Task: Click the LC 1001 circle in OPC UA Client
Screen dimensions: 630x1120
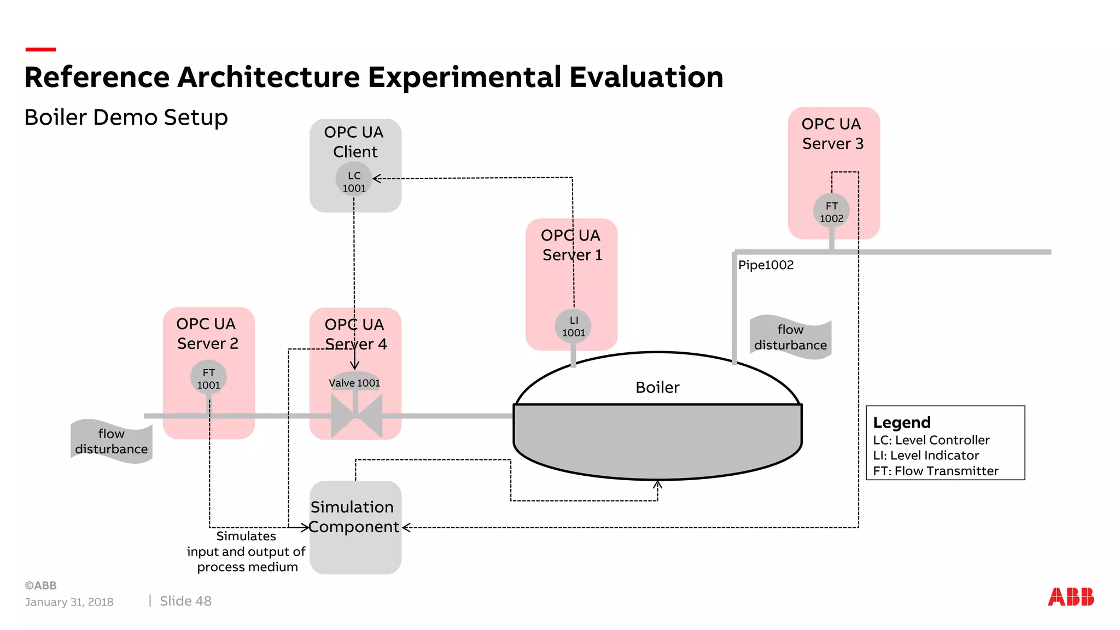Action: tap(354, 181)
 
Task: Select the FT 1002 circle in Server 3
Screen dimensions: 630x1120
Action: tap(831, 212)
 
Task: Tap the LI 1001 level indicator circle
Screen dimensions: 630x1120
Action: tap(573, 326)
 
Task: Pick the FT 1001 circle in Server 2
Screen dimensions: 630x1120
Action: tap(208, 378)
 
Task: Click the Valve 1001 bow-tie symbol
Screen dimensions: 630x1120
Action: tap(356, 416)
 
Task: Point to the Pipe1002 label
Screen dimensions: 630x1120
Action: tap(766, 265)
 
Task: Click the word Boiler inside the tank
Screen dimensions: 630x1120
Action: tap(657, 388)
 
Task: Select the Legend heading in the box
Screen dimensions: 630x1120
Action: tap(902, 423)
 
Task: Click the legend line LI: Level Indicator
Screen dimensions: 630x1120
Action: tap(926, 456)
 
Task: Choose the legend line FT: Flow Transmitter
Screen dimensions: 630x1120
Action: tap(935, 471)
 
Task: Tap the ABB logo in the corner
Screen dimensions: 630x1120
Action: tap(1070, 597)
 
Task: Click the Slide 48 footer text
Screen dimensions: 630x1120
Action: tap(185, 601)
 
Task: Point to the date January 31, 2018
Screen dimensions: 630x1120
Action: tap(69, 602)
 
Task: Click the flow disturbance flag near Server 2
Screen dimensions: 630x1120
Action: tap(112, 441)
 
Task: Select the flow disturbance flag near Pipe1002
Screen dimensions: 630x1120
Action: tap(790, 337)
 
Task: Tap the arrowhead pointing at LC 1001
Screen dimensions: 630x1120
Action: tap(376, 178)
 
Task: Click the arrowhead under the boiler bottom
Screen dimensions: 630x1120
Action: tap(658, 485)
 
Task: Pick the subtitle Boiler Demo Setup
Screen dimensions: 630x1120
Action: tap(126, 118)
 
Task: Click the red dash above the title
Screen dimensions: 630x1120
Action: tap(40, 49)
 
